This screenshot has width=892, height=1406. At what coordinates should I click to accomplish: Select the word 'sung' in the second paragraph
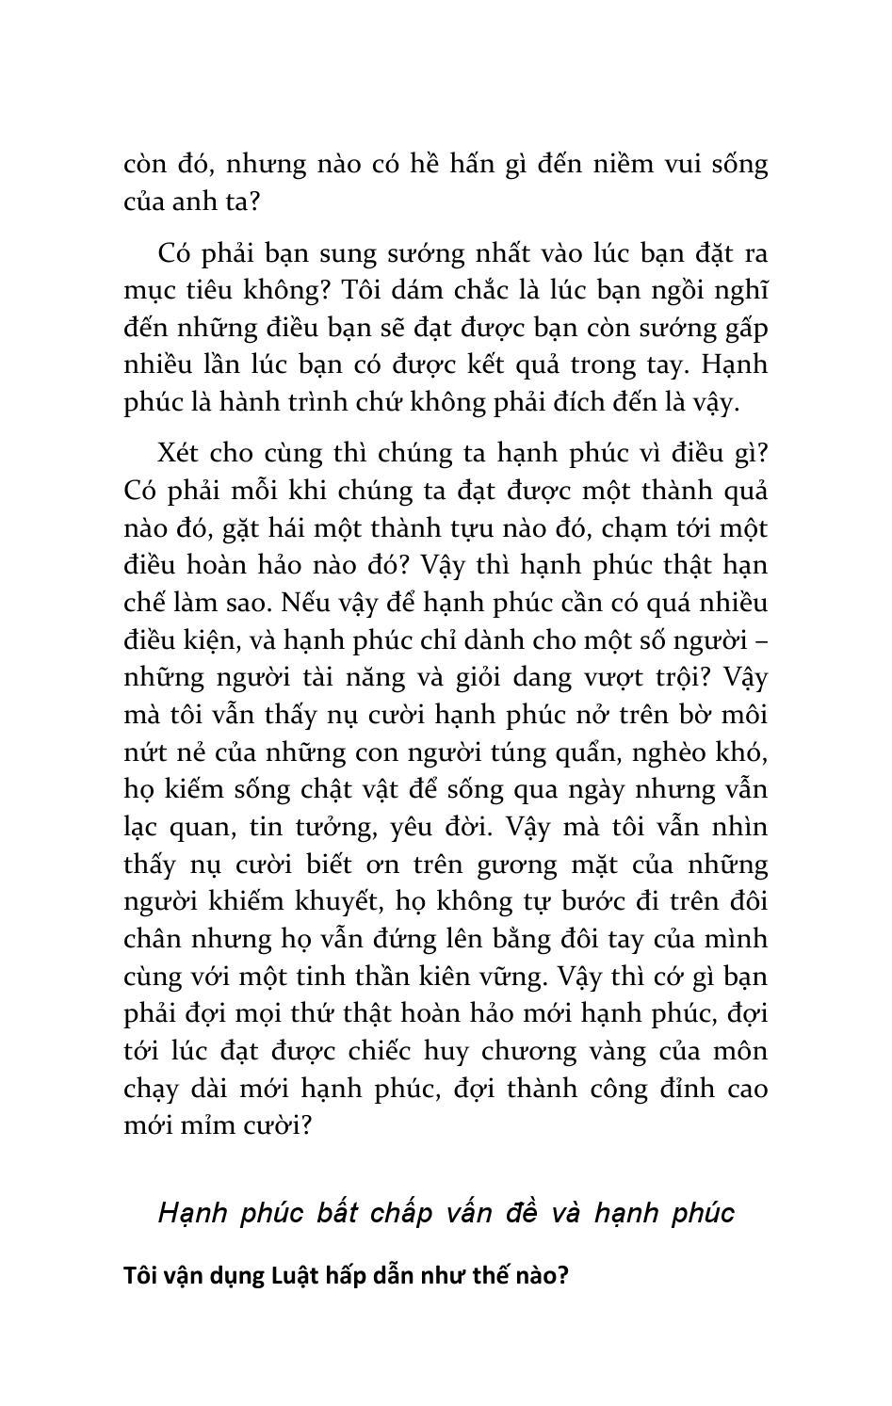tap(328, 253)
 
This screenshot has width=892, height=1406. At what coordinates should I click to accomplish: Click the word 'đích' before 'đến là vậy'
tap(592, 402)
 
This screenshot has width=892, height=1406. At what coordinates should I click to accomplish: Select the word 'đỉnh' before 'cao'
tap(694, 1088)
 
